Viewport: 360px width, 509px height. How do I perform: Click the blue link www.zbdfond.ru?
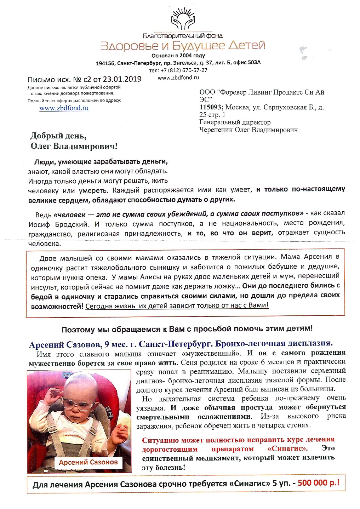pyautogui.click(x=64, y=108)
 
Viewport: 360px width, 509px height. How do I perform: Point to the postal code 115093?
pyautogui.click(x=211, y=107)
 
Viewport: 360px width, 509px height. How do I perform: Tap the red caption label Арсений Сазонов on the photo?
pyautogui.click(x=88, y=462)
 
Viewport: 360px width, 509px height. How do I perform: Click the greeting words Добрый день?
pyautogui.click(x=58, y=136)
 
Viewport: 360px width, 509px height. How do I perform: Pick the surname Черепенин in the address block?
pyautogui.click(x=216, y=130)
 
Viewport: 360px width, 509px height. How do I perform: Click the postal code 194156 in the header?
pyautogui.click(x=105, y=63)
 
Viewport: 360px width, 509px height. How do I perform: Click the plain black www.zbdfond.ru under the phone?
pyautogui.click(x=178, y=78)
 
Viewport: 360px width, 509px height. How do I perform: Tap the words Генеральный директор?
pyautogui.click(x=235, y=122)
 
